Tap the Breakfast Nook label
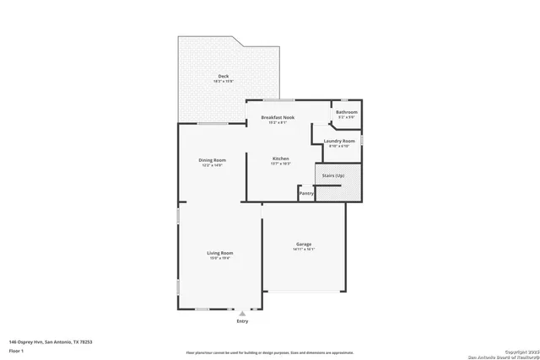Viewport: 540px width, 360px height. [278, 117]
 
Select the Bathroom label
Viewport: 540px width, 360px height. [347, 112]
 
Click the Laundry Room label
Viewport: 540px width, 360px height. [338, 141]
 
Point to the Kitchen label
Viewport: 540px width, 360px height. [281, 159]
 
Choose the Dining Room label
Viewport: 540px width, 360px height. [212, 160]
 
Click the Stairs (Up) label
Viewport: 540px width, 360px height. [333, 175]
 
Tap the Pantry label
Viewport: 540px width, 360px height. [306, 193]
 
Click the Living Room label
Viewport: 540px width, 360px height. [220, 253]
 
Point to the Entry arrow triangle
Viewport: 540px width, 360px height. [243, 313]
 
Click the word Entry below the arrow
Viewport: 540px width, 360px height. [243, 321]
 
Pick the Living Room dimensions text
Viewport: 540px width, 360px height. [220, 258]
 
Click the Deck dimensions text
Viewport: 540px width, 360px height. [224, 82]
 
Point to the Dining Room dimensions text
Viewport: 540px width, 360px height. [212, 165]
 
